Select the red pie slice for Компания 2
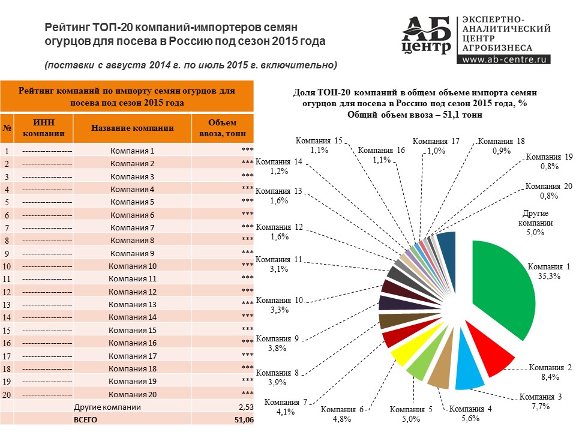tap(489, 354)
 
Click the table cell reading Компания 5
tap(133, 202)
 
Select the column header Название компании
tap(133, 128)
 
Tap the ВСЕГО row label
tap(85, 420)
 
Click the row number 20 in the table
tap(7, 395)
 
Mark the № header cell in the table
tap(7, 128)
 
